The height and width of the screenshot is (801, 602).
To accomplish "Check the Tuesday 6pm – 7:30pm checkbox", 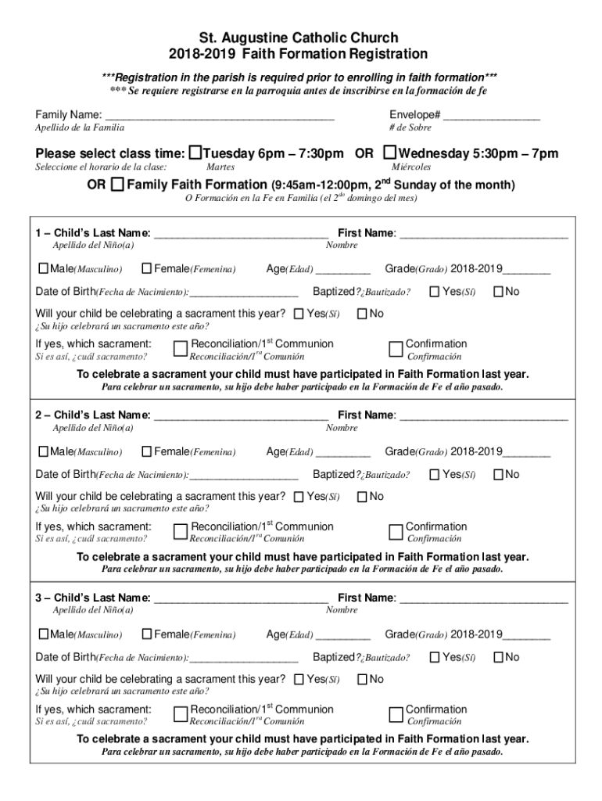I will click(x=196, y=153).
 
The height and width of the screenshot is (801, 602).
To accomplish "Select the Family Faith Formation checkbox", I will click(x=117, y=185).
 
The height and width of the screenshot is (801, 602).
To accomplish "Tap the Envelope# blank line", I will click(x=492, y=117).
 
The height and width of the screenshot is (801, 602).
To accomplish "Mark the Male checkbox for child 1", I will click(x=43, y=269).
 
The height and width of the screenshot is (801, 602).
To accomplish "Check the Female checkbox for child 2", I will click(x=146, y=451).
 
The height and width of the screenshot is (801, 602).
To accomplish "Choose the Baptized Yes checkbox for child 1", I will click(x=434, y=292).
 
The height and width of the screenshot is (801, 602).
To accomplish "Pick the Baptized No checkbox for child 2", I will click(x=498, y=474).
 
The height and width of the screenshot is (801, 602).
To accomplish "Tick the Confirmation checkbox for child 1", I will click(x=396, y=349).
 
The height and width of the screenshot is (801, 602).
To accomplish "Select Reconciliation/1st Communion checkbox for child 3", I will click(x=181, y=715).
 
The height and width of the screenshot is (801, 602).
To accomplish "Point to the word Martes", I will click(x=220, y=167).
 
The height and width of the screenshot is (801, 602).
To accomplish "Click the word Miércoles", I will click(x=411, y=167).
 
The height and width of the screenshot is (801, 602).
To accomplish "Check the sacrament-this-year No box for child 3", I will click(x=362, y=679).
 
